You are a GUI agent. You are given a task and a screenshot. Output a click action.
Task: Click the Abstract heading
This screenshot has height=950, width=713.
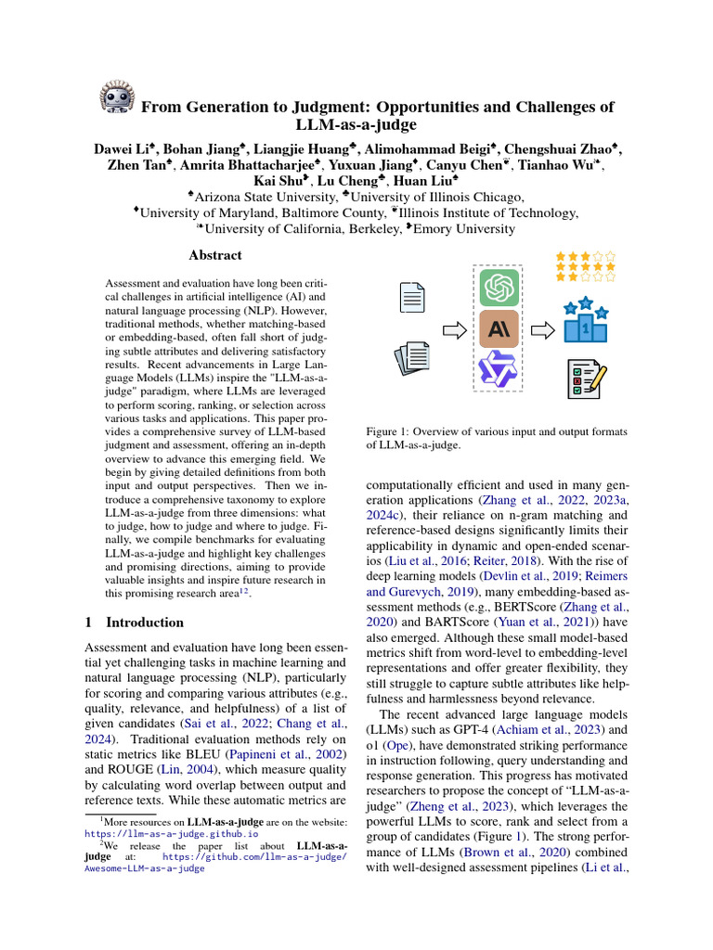click(x=215, y=255)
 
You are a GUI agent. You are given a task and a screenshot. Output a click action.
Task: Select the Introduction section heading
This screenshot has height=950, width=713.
click(x=144, y=623)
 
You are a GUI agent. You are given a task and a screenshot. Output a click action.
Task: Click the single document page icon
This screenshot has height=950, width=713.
click(x=411, y=300)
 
